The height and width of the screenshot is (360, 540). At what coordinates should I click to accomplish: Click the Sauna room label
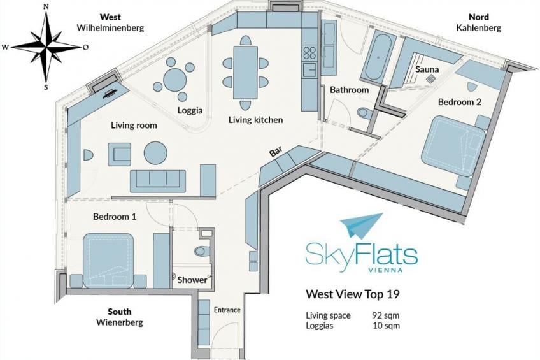427,69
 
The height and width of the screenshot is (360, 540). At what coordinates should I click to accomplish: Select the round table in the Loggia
174,80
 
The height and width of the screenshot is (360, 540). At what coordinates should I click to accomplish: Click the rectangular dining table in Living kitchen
245,73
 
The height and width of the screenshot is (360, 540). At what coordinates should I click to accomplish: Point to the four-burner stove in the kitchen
309,53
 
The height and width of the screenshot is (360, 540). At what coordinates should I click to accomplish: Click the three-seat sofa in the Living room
158,181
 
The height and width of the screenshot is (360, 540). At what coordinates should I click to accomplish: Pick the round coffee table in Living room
155,153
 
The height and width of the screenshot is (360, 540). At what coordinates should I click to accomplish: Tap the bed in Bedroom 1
108,261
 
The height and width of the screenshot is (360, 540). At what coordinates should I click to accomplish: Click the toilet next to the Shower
201,250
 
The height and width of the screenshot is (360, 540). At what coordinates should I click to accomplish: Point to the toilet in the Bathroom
364,112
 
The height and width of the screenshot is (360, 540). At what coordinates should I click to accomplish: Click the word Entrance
227,310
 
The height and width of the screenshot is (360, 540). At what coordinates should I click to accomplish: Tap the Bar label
276,152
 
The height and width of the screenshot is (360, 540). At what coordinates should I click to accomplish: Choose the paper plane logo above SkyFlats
361,226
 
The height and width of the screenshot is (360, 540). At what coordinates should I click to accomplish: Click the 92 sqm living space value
386,315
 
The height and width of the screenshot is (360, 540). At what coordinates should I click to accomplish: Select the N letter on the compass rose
46,6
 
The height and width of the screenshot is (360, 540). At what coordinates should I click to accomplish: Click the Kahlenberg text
479,27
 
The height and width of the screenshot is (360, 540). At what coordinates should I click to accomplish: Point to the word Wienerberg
119,322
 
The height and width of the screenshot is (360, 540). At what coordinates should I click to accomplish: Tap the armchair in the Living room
120,154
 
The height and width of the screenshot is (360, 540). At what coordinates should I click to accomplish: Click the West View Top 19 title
353,294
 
